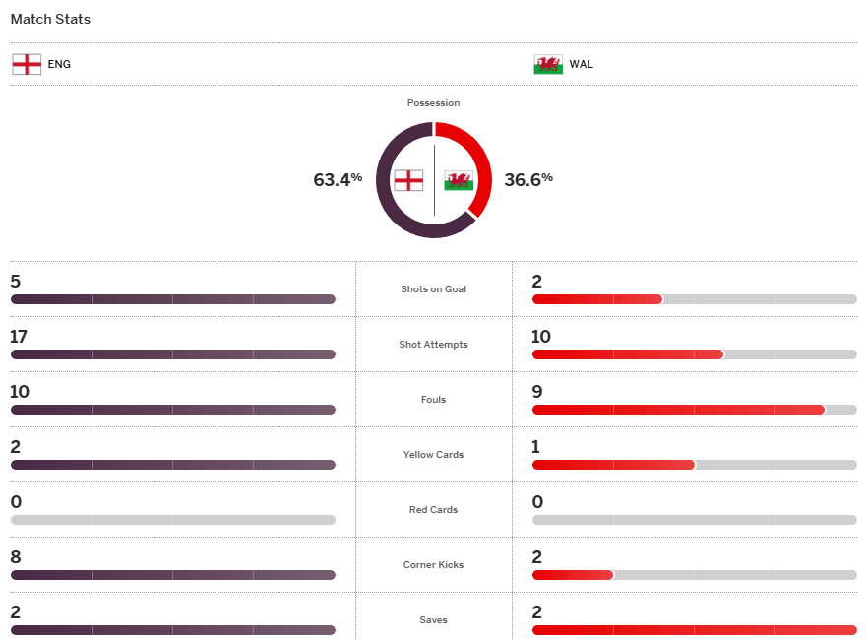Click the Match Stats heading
(x=50, y=19)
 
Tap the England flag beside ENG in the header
(x=27, y=64)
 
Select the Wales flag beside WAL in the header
(x=548, y=64)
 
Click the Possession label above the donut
(x=433, y=103)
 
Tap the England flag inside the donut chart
(x=408, y=180)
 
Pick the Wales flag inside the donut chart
(x=459, y=180)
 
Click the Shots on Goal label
(x=433, y=289)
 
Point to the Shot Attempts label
(x=433, y=345)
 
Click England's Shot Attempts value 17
(x=19, y=337)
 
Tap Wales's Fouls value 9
(x=537, y=392)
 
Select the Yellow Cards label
(x=433, y=455)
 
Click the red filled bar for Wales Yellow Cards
(x=613, y=465)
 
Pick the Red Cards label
(x=433, y=510)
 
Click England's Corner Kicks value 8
(x=16, y=557)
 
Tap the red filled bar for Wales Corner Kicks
(x=573, y=575)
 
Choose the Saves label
(x=433, y=620)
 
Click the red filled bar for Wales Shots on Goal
(x=597, y=299)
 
